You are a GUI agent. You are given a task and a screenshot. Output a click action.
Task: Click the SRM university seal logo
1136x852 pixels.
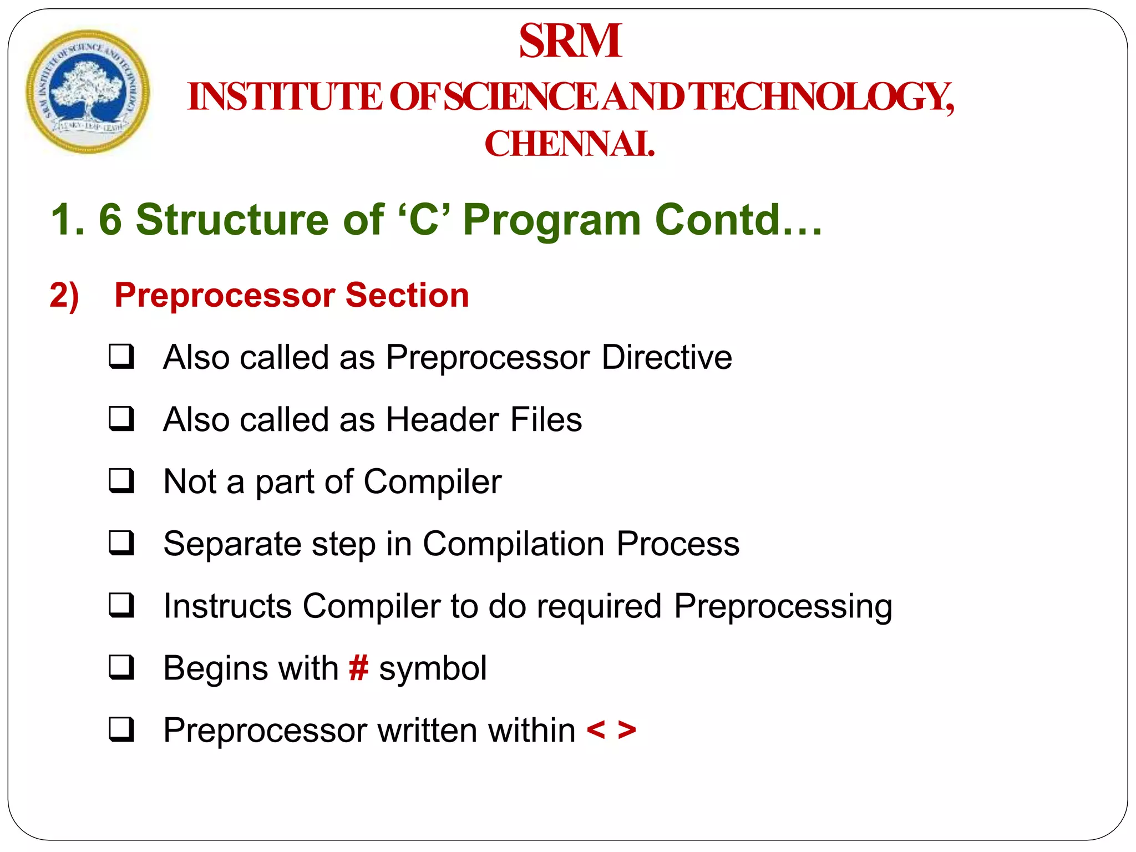[x=88, y=92]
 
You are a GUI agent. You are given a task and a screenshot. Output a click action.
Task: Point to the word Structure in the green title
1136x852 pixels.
[x=233, y=220]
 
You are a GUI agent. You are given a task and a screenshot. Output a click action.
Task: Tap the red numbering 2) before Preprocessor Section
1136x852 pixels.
[x=64, y=295]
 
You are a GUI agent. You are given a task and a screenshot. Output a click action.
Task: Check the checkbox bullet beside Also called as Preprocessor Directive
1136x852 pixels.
[x=121, y=357]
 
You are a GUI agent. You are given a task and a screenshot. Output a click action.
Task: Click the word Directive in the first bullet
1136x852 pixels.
[x=667, y=357]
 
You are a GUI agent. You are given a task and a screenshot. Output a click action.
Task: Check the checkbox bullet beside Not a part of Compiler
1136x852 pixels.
[x=121, y=481]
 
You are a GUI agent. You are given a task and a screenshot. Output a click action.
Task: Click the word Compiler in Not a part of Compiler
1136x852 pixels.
[x=432, y=482]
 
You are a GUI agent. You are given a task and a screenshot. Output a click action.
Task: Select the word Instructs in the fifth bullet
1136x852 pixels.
[x=227, y=606]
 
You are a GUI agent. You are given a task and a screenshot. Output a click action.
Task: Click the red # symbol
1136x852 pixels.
[x=358, y=668]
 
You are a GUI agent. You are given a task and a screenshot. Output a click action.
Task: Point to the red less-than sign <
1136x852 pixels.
[x=596, y=730]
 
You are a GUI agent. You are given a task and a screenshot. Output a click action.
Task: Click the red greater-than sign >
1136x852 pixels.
[x=627, y=730]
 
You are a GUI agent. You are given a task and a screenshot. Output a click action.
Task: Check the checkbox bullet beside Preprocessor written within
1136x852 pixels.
[x=121, y=729]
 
